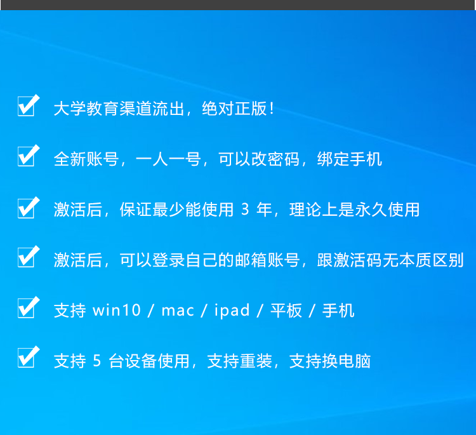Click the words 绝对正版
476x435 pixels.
235,109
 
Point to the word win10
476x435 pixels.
117,311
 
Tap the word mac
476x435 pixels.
178,311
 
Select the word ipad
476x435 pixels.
232,311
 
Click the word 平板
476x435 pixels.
286,311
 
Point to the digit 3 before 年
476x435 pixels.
245,210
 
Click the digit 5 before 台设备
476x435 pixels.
97,361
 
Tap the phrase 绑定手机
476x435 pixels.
350,159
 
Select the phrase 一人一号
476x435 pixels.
168,159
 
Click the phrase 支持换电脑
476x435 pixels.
330,361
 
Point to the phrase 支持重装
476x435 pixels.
239,361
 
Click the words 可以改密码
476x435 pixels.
259,159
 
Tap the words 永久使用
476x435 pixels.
387,210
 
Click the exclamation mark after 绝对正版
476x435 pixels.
272,109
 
